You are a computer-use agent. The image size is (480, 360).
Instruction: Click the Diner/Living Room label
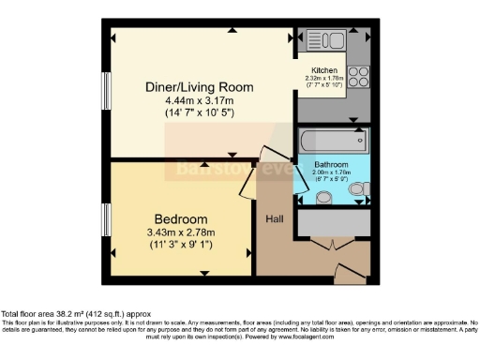[200, 87]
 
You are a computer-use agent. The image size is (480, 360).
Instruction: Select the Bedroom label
[181, 219]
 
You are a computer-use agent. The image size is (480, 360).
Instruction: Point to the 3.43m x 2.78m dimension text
[181, 233]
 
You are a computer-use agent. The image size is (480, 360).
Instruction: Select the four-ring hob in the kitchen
[357, 75]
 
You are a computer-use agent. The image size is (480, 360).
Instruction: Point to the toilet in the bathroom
[358, 190]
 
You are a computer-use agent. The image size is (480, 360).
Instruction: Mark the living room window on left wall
[106, 93]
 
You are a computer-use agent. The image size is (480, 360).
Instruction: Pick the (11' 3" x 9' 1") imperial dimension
[181, 246]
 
